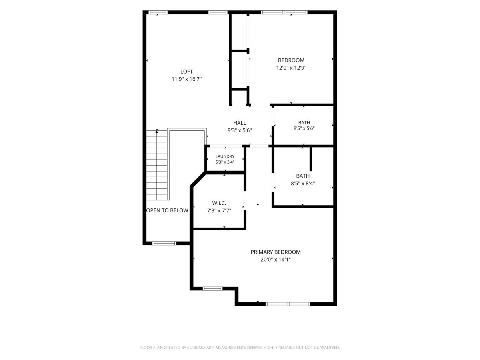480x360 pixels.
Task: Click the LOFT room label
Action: click(x=186, y=72)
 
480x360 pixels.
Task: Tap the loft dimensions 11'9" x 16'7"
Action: click(x=186, y=79)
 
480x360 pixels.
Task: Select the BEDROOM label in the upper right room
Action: click(x=291, y=60)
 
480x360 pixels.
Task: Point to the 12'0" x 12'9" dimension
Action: click(x=291, y=68)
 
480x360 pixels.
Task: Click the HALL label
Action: click(x=240, y=123)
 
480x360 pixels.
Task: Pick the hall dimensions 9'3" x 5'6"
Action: click(x=240, y=130)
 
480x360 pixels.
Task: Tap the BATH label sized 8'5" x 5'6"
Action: click(x=304, y=122)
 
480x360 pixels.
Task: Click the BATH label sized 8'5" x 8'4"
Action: click(x=303, y=176)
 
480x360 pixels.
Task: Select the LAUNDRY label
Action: click(x=225, y=156)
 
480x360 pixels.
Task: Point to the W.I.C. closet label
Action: click(x=219, y=203)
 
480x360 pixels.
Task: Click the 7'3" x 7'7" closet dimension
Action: click(x=219, y=211)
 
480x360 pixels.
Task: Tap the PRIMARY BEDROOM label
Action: click(x=276, y=252)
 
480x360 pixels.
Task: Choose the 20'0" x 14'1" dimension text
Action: click(x=276, y=260)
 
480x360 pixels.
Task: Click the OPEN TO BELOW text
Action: click(x=167, y=210)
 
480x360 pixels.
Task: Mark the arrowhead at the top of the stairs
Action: click(x=157, y=131)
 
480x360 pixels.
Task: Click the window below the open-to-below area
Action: click(x=164, y=243)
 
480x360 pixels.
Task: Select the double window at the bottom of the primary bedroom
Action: click(x=288, y=304)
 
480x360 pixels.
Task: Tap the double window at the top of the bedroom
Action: click(x=284, y=12)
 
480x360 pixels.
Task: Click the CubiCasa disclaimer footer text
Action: click(x=240, y=347)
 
